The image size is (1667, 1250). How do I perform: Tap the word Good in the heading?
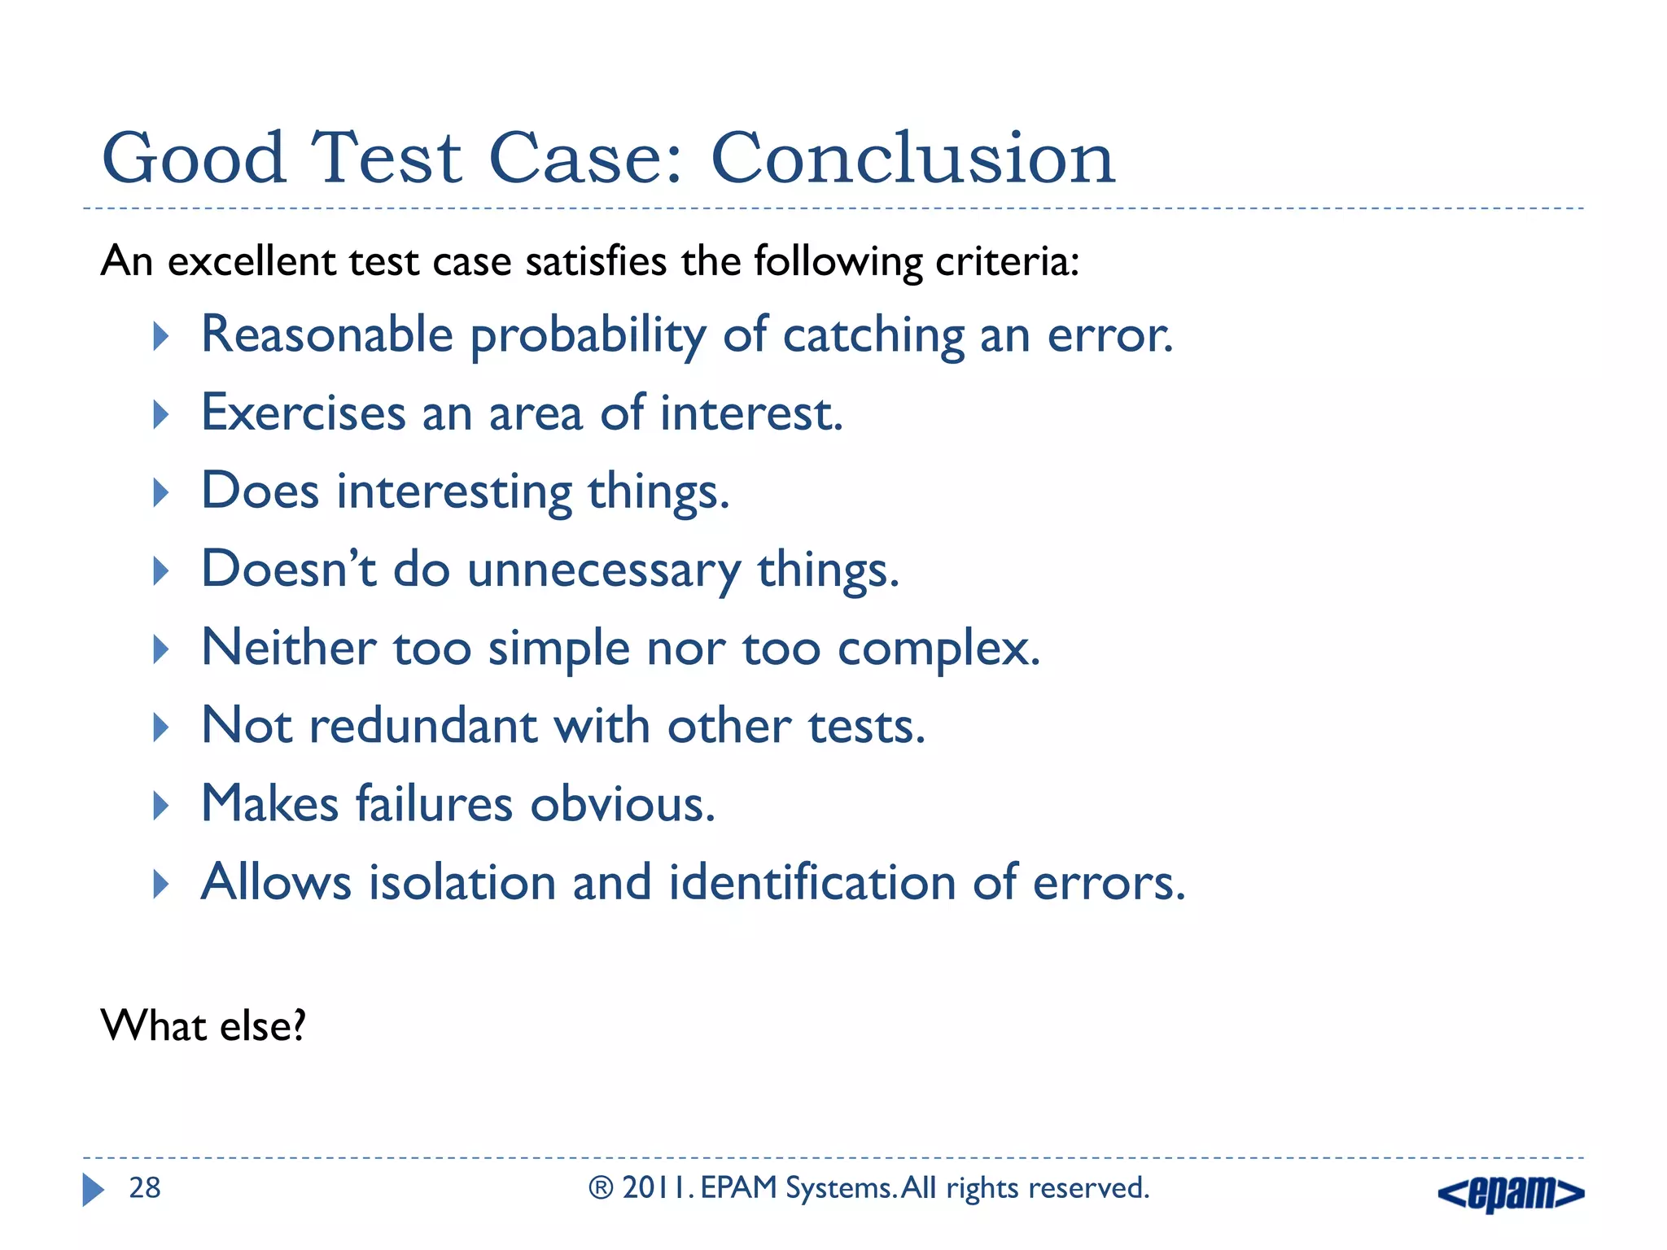pyautogui.click(x=194, y=159)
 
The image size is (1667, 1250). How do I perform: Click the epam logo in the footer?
pyautogui.click(x=1511, y=1193)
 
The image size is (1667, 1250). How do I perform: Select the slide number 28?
pyautogui.click(x=145, y=1188)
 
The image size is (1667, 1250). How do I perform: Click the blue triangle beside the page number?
pyautogui.click(x=93, y=1190)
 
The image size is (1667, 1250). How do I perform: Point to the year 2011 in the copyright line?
pyautogui.click(x=657, y=1188)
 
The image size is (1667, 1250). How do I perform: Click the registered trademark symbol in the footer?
pyautogui.click(x=601, y=1188)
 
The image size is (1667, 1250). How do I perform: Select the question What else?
pyautogui.click(x=203, y=1025)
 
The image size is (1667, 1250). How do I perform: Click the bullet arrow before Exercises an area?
pyautogui.click(x=161, y=414)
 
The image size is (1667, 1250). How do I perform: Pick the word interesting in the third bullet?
pyautogui.click(x=455, y=492)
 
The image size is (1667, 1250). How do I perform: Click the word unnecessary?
pyautogui.click(x=603, y=570)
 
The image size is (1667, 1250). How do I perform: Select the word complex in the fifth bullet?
pyautogui.click(x=936, y=649)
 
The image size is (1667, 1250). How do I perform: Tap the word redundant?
pyautogui.click(x=423, y=726)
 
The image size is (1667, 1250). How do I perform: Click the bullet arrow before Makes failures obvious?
pyautogui.click(x=161, y=805)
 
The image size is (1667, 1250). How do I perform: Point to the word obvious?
pyautogui.click(x=622, y=805)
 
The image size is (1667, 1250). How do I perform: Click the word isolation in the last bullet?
pyautogui.click(x=462, y=882)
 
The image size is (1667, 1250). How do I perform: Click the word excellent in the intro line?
pyautogui.click(x=249, y=262)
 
